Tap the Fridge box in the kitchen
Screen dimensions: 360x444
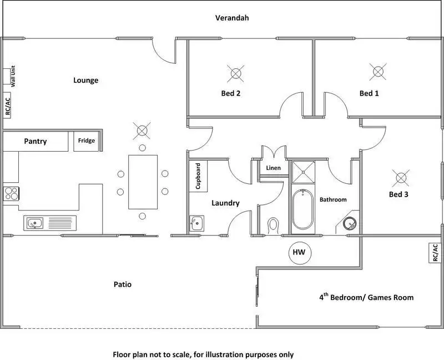coord(86,141)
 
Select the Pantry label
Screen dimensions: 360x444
coord(36,142)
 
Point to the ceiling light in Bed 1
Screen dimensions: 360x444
coord(378,71)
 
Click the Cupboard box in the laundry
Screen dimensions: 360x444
coord(198,176)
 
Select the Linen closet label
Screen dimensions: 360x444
coord(274,168)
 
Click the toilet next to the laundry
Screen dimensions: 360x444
coord(273,226)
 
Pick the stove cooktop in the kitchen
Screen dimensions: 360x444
coord(11,193)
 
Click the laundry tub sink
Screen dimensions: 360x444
coord(196,223)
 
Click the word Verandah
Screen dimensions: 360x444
coord(232,18)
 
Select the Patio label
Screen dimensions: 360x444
coord(122,284)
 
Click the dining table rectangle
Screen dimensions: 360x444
coord(143,181)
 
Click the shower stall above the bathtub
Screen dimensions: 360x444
coord(304,172)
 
